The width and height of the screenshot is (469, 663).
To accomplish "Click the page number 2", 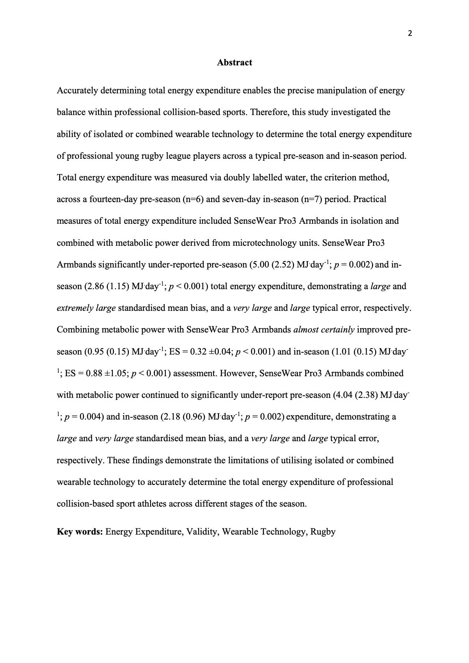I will point(409,34).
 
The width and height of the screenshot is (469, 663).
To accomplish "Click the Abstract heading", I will point(234,63).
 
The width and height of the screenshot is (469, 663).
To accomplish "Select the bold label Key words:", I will point(80,532).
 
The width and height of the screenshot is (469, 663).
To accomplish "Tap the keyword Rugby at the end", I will point(323,532).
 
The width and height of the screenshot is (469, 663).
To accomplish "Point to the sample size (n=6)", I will point(193,199).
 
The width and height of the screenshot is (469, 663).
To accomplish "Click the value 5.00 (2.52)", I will point(272,265).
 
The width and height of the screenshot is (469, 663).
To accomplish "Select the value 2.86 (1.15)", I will point(107,286).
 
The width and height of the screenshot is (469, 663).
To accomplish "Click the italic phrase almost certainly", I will point(324,330).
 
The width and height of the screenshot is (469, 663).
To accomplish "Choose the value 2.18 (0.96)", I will point(183,417).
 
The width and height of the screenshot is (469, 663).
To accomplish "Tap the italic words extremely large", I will point(86,308).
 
